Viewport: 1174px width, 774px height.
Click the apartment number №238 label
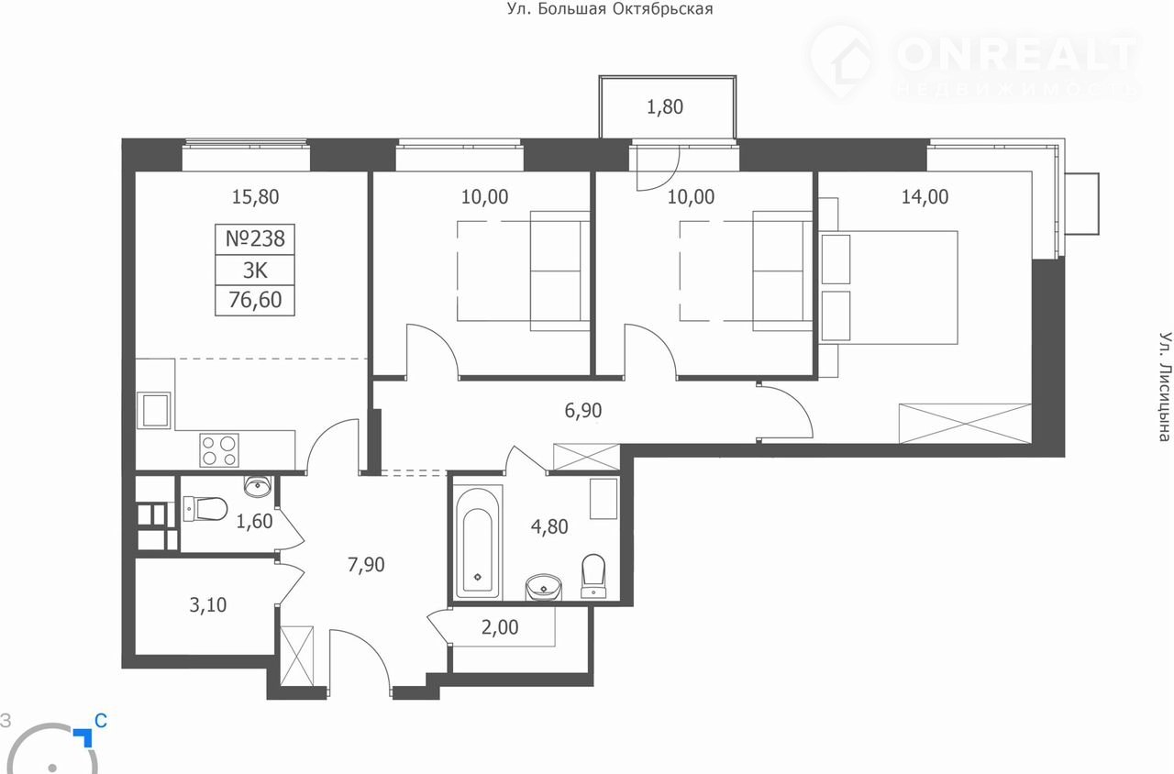coord(255,239)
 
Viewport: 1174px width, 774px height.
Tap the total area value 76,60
coord(255,300)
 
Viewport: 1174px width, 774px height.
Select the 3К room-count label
coord(255,271)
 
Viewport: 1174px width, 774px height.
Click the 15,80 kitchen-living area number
coord(255,197)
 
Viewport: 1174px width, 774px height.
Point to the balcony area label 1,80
coord(665,107)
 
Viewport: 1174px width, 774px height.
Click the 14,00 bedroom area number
coord(925,197)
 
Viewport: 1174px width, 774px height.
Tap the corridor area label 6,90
coord(582,410)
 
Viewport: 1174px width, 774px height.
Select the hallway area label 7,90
coord(366,564)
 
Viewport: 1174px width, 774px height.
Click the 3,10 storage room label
coord(207,605)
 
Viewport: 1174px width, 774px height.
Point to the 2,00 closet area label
coord(500,627)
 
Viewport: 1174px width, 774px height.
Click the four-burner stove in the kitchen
coord(219,450)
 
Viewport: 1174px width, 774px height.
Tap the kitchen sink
coord(153,410)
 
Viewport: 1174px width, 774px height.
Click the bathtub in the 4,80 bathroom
coord(478,542)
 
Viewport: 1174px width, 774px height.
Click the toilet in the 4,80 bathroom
coord(593,576)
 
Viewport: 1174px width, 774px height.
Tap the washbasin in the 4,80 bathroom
coord(544,588)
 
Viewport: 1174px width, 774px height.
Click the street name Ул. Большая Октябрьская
coord(610,9)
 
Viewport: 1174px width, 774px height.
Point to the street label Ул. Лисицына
coord(1165,386)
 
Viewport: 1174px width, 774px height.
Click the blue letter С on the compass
coord(101,721)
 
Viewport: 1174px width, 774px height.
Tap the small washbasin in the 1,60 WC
coord(258,486)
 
